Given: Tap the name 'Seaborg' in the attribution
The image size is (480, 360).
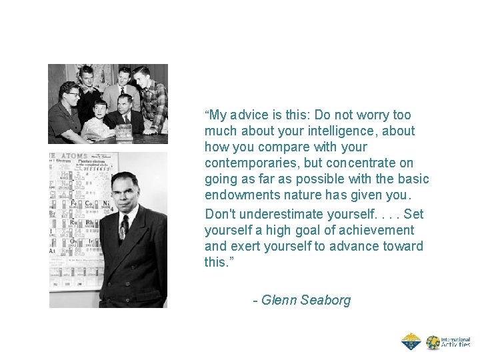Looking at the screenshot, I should (x=325, y=300).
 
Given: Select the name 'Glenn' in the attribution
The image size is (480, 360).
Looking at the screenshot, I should (x=279, y=300).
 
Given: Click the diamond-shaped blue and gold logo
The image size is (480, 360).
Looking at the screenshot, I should (x=411, y=342).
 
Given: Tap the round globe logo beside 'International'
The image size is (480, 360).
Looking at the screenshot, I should (x=433, y=343).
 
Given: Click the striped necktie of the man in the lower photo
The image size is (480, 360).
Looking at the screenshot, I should (x=123, y=227).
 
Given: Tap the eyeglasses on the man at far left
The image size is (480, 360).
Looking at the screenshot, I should (x=71, y=94).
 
